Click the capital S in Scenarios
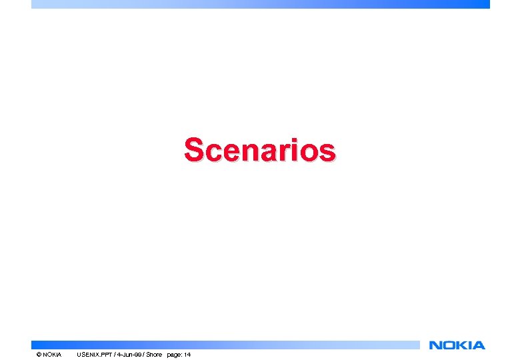(x=195, y=150)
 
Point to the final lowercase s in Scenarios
(x=326, y=153)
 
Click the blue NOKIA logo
(x=457, y=345)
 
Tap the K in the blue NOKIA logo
(x=461, y=345)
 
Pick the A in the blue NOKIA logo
(x=479, y=345)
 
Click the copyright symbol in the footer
(x=39, y=355)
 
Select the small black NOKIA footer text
(x=52, y=355)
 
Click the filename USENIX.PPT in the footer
(x=94, y=355)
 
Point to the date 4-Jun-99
(x=128, y=355)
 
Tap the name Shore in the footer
(x=154, y=355)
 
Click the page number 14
(x=187, y=355)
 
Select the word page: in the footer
(x=174, y=355)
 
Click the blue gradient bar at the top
(x=260, y=4)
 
